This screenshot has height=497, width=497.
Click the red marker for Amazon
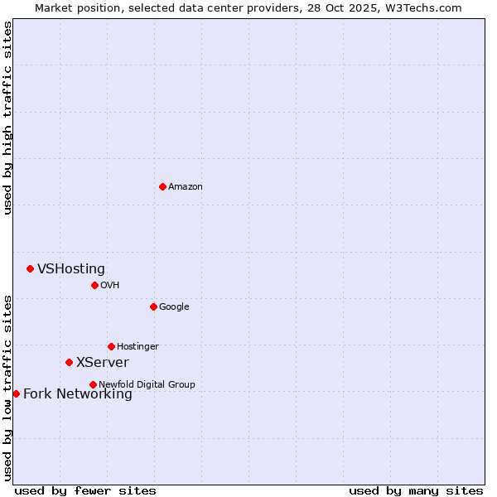tap(162, 186)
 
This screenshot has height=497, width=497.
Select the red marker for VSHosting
tap(30, 268)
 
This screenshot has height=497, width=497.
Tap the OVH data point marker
tap(94, 285)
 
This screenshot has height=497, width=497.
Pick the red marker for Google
tap(153, 306)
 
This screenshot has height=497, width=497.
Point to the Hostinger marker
tap(111, 346)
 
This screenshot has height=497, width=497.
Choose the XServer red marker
tap(69, 362)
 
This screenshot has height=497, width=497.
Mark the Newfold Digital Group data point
tap(93, 384)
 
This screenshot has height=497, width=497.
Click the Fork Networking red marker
tap(16, 393)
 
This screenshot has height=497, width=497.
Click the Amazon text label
tap(186, 187)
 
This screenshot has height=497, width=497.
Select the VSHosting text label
tap(71, 269)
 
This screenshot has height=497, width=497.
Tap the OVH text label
tap(110, 286)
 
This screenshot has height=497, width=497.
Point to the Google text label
tap(174, 307)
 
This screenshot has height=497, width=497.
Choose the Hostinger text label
tap(138, 347)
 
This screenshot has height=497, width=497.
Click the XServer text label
tap(103, 363)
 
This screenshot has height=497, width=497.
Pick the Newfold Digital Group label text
tap(147, 385)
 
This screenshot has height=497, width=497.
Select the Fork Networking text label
tap(78, 394)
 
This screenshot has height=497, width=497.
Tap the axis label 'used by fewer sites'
tap(85, 490)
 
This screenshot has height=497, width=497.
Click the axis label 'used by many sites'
tap(416, 490)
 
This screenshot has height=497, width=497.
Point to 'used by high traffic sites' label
tap(8, 118)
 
